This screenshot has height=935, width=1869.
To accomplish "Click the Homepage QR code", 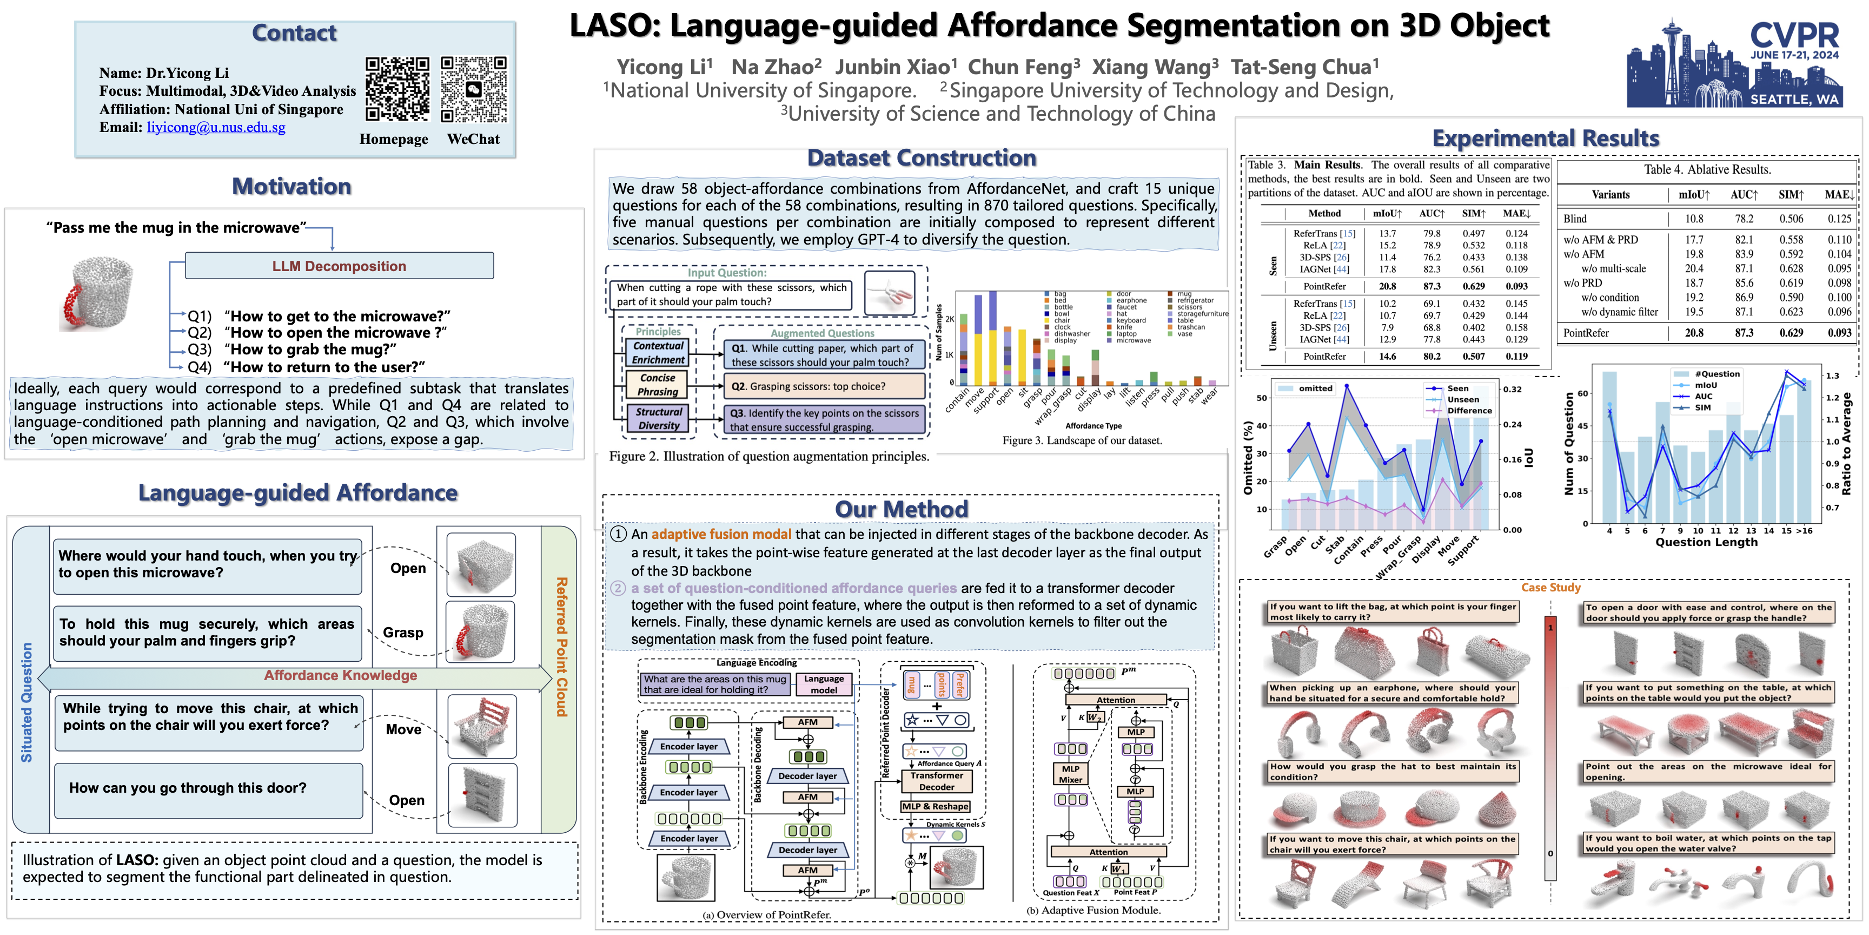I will [x=397, y=89].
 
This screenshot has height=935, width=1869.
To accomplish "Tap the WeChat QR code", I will [x=474, y=89].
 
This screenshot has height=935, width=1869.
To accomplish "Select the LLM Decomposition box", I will [x=339, y=266].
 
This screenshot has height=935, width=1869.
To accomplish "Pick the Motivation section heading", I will [x=291, y=187].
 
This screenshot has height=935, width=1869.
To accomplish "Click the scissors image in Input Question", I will [x=890, y=293].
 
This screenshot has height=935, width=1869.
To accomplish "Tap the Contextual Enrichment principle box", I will [x=658, y=353].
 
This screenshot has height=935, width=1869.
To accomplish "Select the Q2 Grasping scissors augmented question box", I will [x=824, y=386].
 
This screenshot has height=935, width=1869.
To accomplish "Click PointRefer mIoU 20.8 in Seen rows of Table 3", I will [x=1387, y=286].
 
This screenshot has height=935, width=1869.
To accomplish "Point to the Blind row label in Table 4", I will [x=1575, y=219].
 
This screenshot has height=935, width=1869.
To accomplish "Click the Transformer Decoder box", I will [x=937, y=781].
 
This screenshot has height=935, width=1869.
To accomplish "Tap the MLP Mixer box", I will [x=1070, y=774].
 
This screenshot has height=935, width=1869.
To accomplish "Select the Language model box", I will [x=824, y=684].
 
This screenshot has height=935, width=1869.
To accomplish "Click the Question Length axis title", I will [x=1706, y=542].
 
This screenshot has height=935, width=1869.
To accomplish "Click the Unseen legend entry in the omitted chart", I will [x=1462, y=399].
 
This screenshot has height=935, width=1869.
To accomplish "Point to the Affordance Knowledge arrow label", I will [x=340, y=675].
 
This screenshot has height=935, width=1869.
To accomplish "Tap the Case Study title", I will [x=1550, y=587].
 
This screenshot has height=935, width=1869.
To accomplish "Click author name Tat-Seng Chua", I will [x=1304, y=67].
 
